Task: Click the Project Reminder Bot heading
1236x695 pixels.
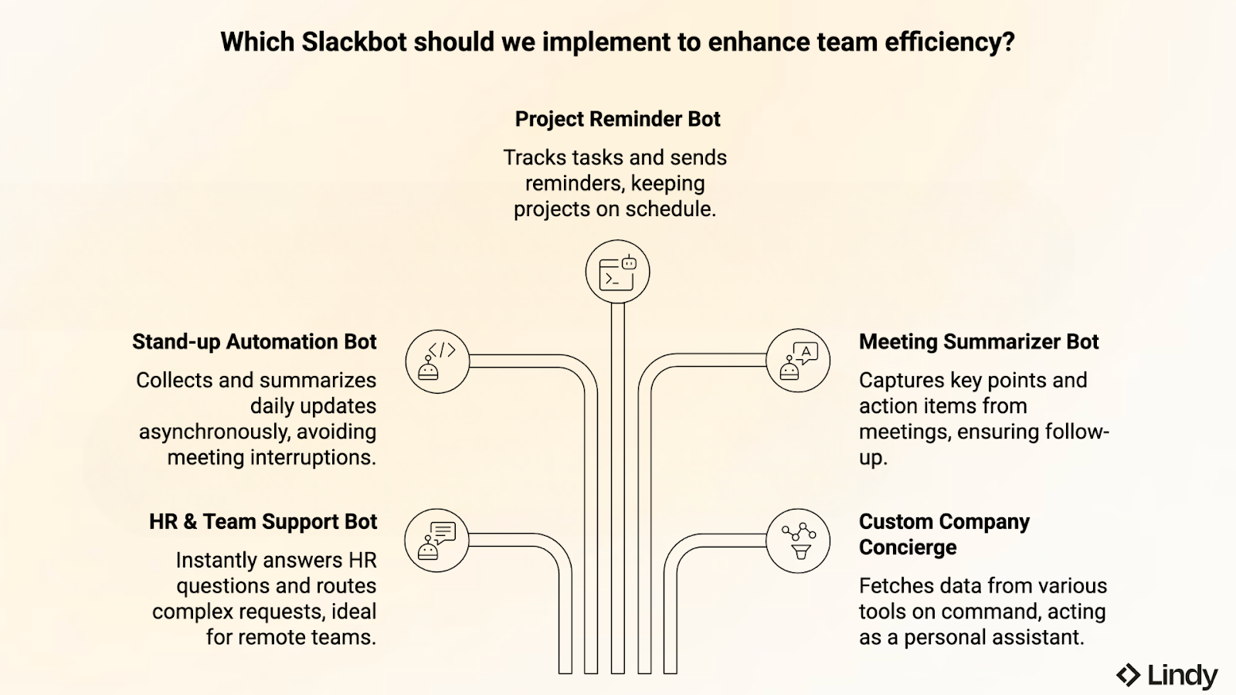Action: point(617,119)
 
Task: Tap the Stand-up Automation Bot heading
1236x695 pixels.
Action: point(254,341)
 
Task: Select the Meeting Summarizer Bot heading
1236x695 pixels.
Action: point(978,341)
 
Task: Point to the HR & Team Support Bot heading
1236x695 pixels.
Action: point(263,521)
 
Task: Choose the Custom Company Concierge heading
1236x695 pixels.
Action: point(944,534)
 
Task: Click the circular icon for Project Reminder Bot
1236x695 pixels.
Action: point(617,272)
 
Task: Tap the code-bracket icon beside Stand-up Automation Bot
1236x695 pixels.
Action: point(437,361)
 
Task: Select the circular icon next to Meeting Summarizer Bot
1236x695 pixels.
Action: point(798,361)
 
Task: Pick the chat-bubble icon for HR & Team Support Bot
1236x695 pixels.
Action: point(437,540)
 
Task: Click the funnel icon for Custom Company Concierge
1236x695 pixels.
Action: point(798,541)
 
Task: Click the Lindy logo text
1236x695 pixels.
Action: point(1182,676)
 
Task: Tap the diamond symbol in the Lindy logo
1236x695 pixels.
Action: point(1128,675)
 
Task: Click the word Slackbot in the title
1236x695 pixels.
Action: point(354,42)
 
